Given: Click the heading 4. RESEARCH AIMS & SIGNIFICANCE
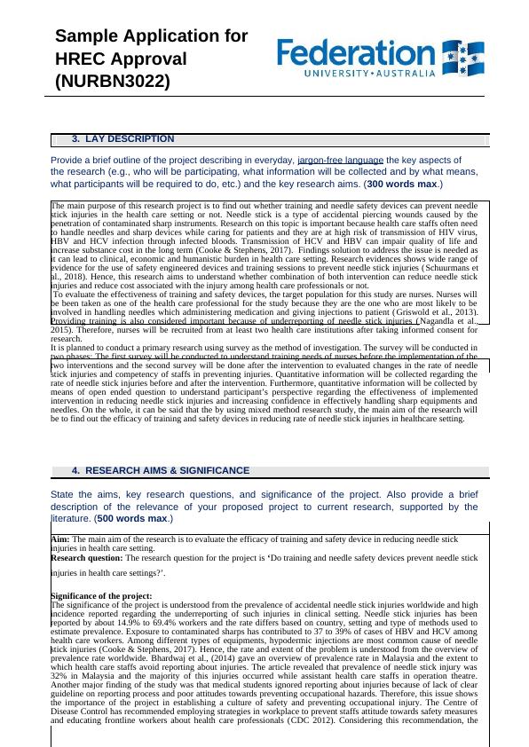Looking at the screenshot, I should [161, 470].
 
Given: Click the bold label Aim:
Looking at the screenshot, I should [60, 539].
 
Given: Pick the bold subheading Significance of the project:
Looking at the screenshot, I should [101, 595].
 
